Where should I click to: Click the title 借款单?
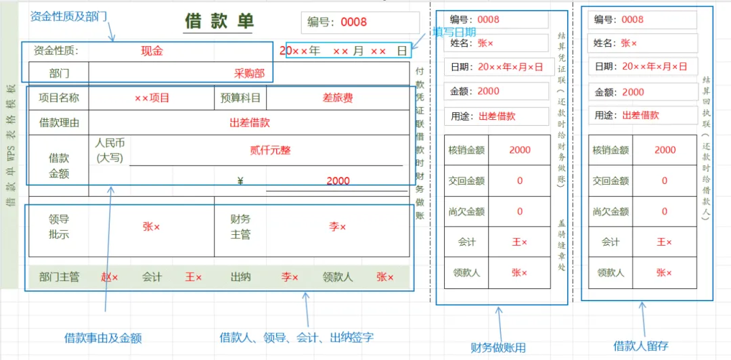click(x=219, y=21)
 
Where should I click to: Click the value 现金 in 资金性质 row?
click(x=152, y=51)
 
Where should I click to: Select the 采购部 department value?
click(x=249, y=73)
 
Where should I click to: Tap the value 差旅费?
click(x=337, y=98)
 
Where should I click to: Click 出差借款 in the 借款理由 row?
click(x=250, y=123)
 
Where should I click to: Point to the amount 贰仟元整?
click(x=270, y=150)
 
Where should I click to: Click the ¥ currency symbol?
click(x=240, y=181)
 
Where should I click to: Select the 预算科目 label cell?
click(x=240, y=98)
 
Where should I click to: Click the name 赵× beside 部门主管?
click(x=109, y=277)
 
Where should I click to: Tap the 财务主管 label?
click(x=240, y=227)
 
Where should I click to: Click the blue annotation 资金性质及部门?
click(x=68, y=16)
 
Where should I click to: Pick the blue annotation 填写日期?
click(x=454, y=32)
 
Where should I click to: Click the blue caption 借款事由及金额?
click(x=103, y=338)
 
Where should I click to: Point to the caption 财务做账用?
click(x=498, y=348)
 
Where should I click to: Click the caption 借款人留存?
click(x=641, y=346)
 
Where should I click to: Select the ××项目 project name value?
click(x=152, y=98)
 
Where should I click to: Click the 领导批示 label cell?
click(x=59, y=227)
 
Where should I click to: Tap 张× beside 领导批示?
click(x=151, y=227)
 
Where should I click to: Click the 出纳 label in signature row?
click(x=241, y=277)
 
